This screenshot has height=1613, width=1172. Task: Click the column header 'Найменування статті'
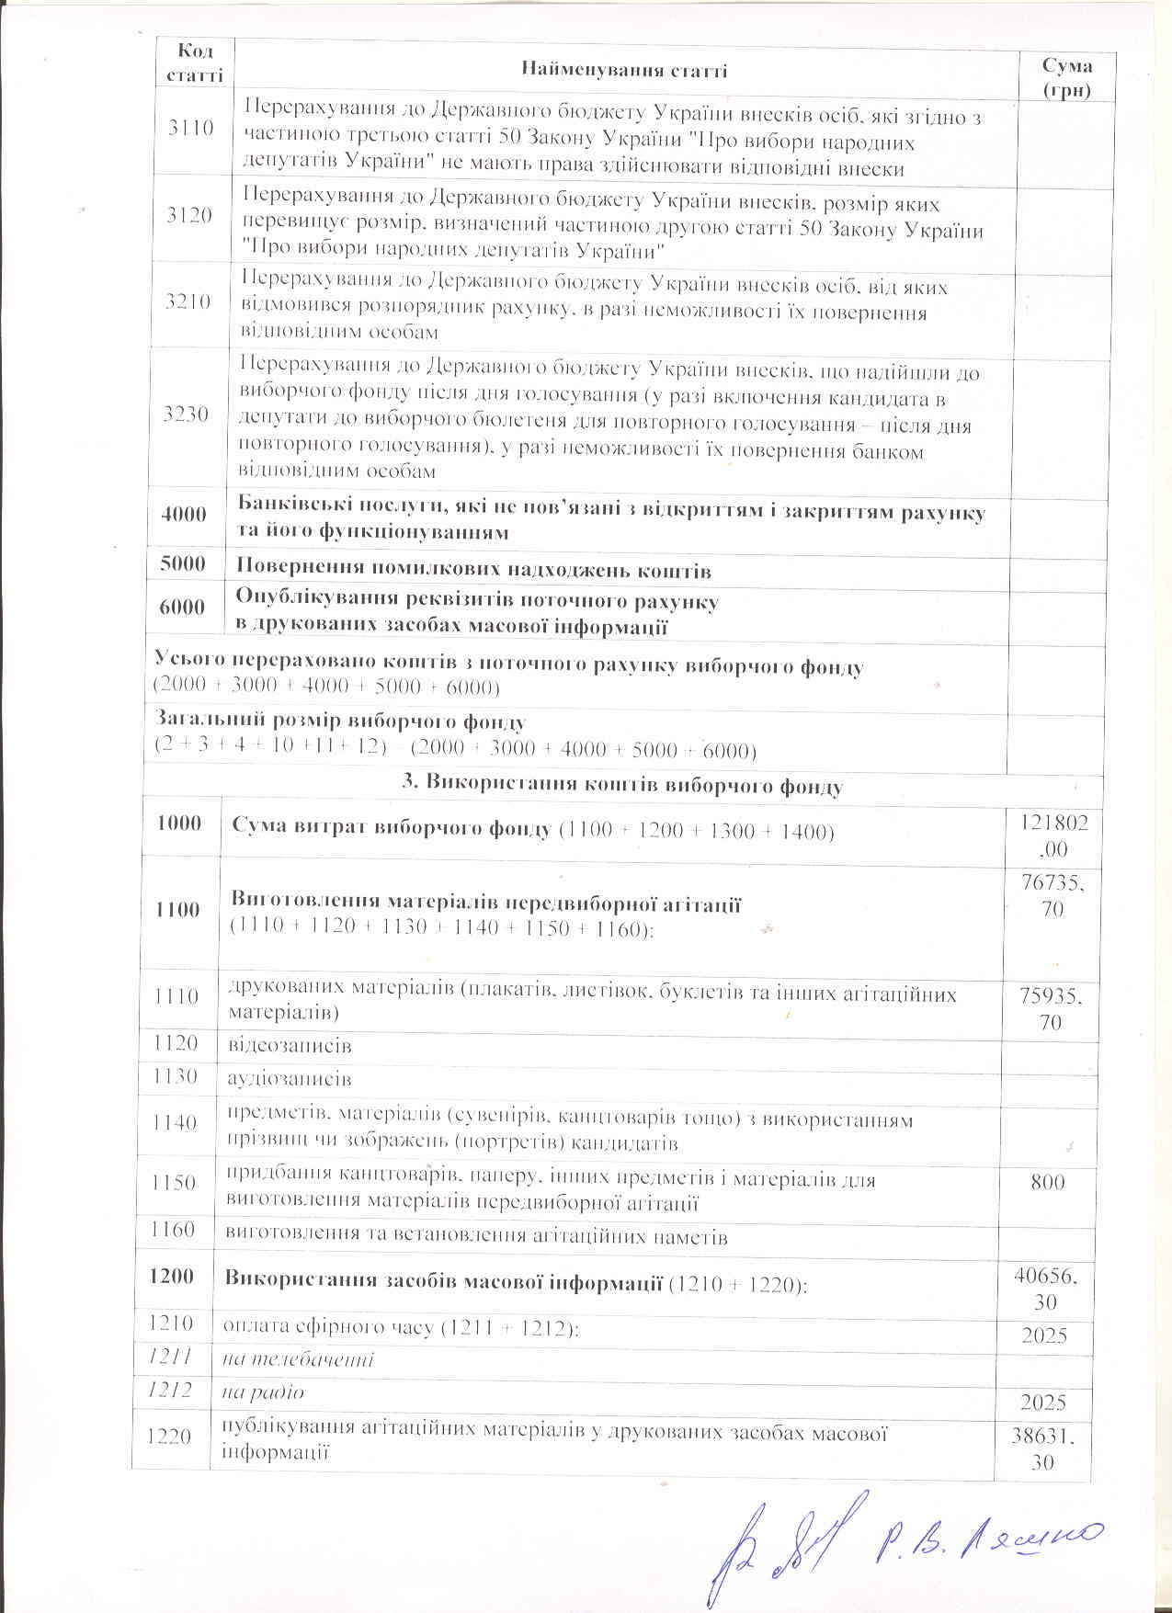coord(624,70)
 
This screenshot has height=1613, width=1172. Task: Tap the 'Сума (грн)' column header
coord(1066,77)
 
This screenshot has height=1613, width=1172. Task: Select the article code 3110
coord(190,128)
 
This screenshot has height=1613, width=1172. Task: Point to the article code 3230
coord(186,415)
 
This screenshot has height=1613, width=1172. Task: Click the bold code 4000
coord(184,515)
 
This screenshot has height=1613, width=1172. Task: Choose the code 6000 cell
coord(182,607)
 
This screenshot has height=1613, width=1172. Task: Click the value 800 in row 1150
coord(1047,1181)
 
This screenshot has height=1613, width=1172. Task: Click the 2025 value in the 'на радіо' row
coord(1043,1402)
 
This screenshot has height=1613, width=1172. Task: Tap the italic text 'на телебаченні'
coord(299,1358)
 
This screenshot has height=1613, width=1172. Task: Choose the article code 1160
coord(175,1230)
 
